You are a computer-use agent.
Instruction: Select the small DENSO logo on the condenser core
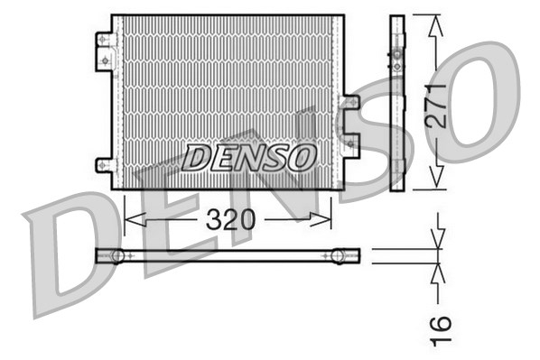pos(249,157)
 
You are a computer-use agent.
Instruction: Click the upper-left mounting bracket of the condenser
pos(105,51)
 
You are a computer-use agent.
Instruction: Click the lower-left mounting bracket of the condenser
pos(105,165)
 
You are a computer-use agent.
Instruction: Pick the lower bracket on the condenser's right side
pos(350,147)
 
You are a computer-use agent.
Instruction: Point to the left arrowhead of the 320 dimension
pos(129,218)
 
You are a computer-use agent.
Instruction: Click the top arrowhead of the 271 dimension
pos(437,23)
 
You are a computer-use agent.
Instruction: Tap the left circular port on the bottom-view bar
pos(116,256)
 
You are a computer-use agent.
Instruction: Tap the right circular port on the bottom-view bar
pos(339,256)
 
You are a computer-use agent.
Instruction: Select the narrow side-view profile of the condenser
pos(397,103)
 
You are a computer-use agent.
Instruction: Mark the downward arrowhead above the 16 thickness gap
pos(439,241)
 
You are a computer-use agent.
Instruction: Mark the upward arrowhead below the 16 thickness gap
pos(439,272)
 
